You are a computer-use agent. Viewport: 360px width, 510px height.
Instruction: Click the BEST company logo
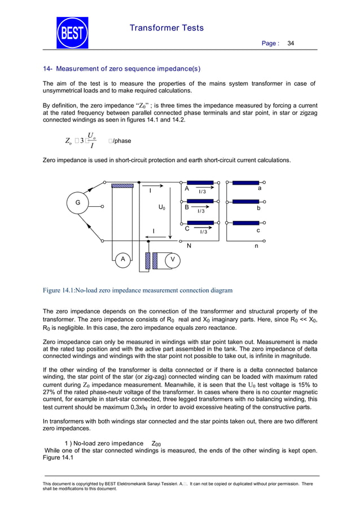[x=72, y=33]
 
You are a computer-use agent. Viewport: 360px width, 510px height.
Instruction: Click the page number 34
[x=291, y=43]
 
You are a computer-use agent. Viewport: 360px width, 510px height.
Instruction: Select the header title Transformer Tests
[x=166, y=28]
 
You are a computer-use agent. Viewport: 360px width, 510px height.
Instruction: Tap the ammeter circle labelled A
[x=121, y=259]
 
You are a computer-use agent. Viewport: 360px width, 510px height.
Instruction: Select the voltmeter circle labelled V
[x=173, y=259]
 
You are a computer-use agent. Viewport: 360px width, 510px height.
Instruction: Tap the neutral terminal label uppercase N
[x=189, y=246]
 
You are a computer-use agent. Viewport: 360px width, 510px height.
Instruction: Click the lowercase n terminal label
[x=257, y=246]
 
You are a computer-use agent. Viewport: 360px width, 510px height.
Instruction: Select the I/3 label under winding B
[x=200, y=211]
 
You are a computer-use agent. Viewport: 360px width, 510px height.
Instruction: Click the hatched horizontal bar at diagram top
[x=122, y=185]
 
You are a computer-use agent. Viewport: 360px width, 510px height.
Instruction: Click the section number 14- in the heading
[x=48, y=69]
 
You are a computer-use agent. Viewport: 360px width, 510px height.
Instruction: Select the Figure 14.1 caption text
[x=138, y=291]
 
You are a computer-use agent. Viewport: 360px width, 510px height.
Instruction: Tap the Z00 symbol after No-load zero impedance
[x=156, y=444]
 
